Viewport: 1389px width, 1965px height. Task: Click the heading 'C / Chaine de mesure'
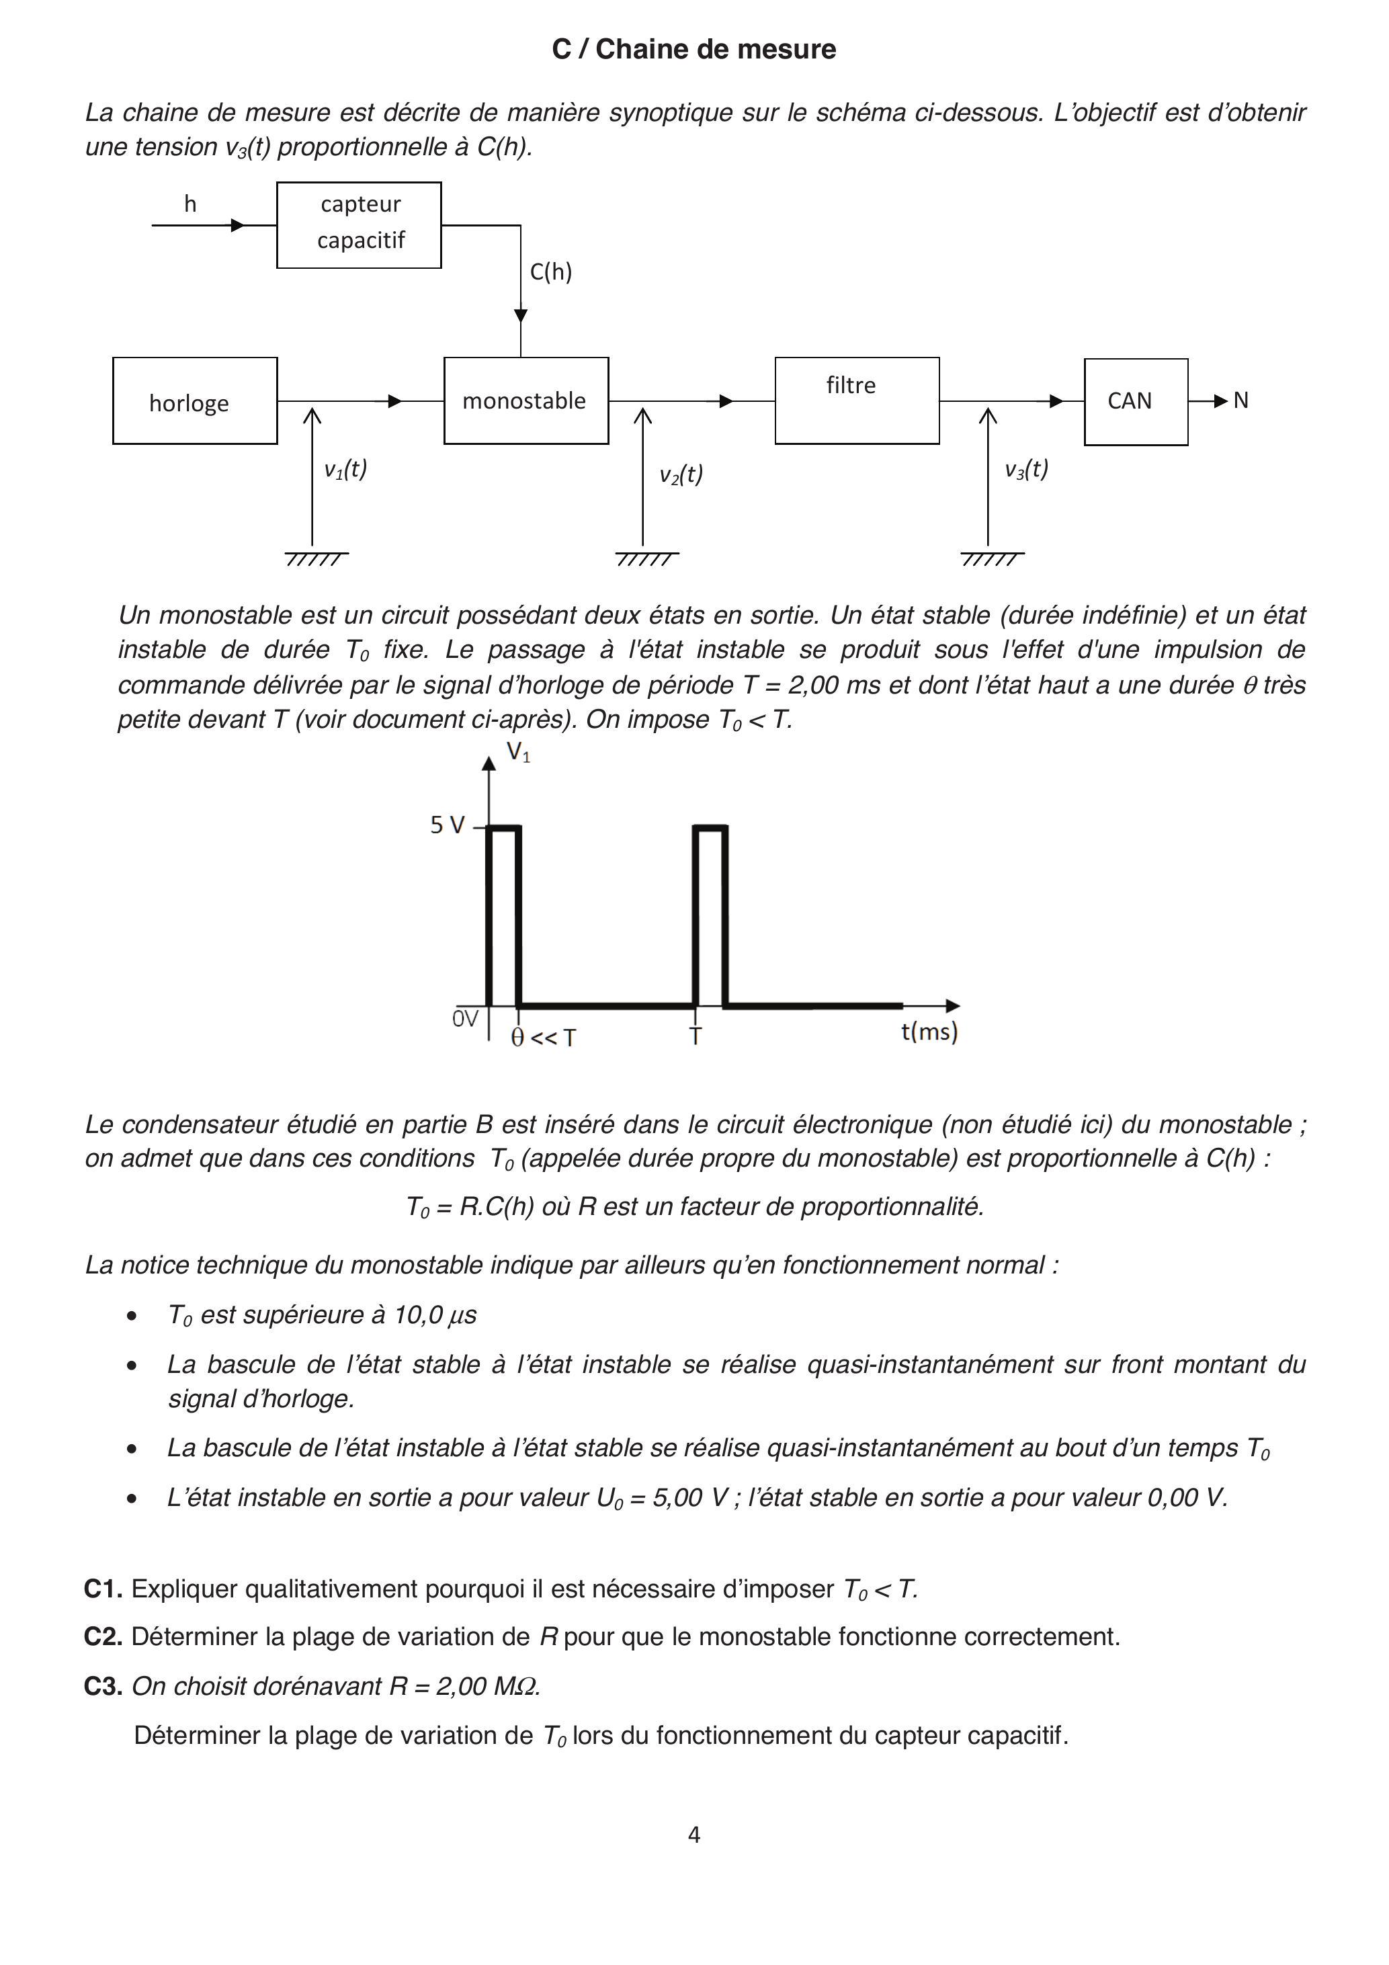tap(693, 50)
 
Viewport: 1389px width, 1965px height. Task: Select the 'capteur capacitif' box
tap(359, 224)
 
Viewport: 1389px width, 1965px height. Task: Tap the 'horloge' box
tap(194, 401)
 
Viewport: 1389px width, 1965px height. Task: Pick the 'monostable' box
tap(525, 401)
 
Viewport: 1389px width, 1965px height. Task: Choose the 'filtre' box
tap(857, 401)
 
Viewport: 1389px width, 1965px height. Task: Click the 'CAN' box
tap(1135, 401)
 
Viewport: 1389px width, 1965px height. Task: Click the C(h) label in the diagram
tap(550, 272)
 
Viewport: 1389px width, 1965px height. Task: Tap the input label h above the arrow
tap(190, 204)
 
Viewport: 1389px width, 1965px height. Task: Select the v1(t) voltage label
tap(345, 469)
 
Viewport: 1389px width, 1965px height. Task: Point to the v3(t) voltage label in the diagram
tap(1025, 469)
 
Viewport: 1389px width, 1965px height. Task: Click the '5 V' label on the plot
tap(447, 825)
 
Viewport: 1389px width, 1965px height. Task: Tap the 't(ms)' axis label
tap(929, 1032)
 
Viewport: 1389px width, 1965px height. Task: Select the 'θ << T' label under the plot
tap(544, 1038)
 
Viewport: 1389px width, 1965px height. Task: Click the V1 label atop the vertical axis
tap(518, 752)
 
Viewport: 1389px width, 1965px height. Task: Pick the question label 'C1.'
tap(103, 1589)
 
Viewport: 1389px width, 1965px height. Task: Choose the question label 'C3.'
tap(103, 1686)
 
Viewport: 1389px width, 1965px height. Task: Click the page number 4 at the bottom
tap(694, 1834)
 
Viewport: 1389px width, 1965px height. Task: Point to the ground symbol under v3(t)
tap(991, 559)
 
